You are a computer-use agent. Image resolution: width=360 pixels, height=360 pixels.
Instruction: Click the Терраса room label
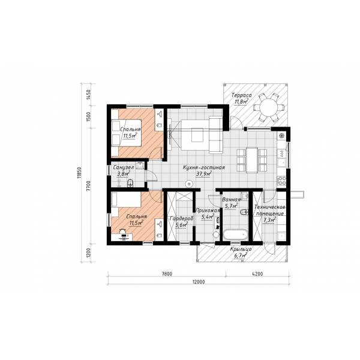coord(242,95)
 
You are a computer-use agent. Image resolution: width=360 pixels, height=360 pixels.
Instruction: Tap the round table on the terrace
coord(269,107)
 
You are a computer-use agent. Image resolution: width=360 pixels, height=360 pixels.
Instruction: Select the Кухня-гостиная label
coord(204,167)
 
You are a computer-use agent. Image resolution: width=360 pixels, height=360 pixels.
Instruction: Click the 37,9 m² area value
coord(204,174)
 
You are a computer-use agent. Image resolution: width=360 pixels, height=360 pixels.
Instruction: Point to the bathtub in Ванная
coord(236,235)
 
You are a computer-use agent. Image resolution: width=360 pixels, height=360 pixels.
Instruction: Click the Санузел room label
coord(124,167)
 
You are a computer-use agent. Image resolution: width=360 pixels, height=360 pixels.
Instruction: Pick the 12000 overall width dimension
coord(199,281)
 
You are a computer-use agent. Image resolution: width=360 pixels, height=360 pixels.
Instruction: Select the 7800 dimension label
coord(167,274)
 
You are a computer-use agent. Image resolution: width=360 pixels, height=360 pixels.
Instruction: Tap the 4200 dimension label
coord(257,274)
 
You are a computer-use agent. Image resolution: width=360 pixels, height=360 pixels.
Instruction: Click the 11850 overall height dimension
coord(79,172)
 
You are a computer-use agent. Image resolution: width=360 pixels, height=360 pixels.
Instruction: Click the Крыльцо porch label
coord(241,249)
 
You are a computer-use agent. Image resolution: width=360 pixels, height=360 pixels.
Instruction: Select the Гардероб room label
coord(181,219)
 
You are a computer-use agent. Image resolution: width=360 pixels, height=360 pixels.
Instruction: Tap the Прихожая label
coord(208,211)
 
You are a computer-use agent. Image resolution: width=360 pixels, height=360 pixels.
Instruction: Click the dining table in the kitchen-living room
coord(251,160)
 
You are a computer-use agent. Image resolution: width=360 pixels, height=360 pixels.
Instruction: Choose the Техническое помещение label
coord(270,210)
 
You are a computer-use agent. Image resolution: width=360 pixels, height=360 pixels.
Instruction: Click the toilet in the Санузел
coord(130,183)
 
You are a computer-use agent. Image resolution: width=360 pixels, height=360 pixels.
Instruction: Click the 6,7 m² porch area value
coord(241,256)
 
